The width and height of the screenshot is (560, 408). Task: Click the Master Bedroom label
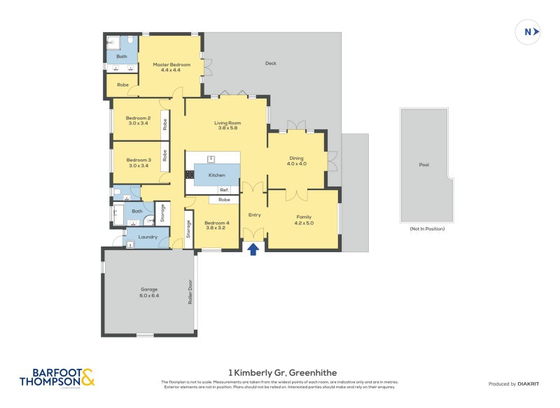[171, 65]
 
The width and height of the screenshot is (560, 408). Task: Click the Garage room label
[148, 289]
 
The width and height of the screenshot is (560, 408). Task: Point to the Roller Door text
[189, 292]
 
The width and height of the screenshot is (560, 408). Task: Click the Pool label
[423, 165]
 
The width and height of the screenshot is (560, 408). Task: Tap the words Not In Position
[427, 228]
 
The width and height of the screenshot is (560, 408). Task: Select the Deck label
[271, 64]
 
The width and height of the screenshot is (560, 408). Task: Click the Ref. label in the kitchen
[224, 190]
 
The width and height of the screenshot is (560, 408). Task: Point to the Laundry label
[147, 237]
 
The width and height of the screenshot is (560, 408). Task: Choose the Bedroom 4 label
[216, 222]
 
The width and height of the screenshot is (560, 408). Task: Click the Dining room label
[296, 159]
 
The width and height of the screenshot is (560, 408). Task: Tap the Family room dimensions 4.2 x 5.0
[304, 222]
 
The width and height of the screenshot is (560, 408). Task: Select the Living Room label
[227, 123]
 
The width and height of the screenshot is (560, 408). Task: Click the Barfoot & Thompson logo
[56, 378]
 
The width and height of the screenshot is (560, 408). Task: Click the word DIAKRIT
[527, 384]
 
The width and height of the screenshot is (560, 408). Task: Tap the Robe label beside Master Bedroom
[122, 85]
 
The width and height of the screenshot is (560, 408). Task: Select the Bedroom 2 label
[138, 118]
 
